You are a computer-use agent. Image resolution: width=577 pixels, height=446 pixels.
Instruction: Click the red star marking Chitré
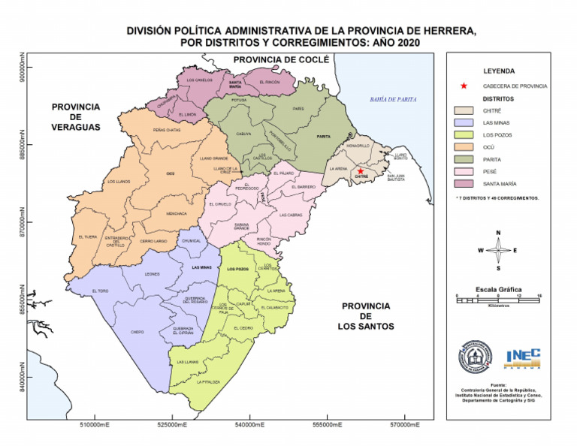[x=361, y=171]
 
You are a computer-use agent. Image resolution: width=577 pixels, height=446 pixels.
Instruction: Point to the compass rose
[x=498, y=250]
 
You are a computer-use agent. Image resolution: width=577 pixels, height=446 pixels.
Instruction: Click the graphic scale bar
[x=498, y=299]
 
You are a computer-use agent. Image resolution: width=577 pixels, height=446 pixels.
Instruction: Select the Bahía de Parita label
[x=393, y=100]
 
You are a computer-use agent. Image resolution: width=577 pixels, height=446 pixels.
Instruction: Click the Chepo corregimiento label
[x=137, y=331]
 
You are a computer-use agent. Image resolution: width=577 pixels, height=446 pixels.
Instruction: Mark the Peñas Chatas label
[x=166, y=130]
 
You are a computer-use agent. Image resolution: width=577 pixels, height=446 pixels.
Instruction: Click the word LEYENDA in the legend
[x=499, y=71]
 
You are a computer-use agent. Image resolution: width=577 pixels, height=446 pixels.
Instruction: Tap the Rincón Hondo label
[x=264, y=241]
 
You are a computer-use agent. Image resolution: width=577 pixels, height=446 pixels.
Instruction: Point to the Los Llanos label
[x=119, y=181]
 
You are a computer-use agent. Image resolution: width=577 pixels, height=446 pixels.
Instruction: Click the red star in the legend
[x=464, y=86]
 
